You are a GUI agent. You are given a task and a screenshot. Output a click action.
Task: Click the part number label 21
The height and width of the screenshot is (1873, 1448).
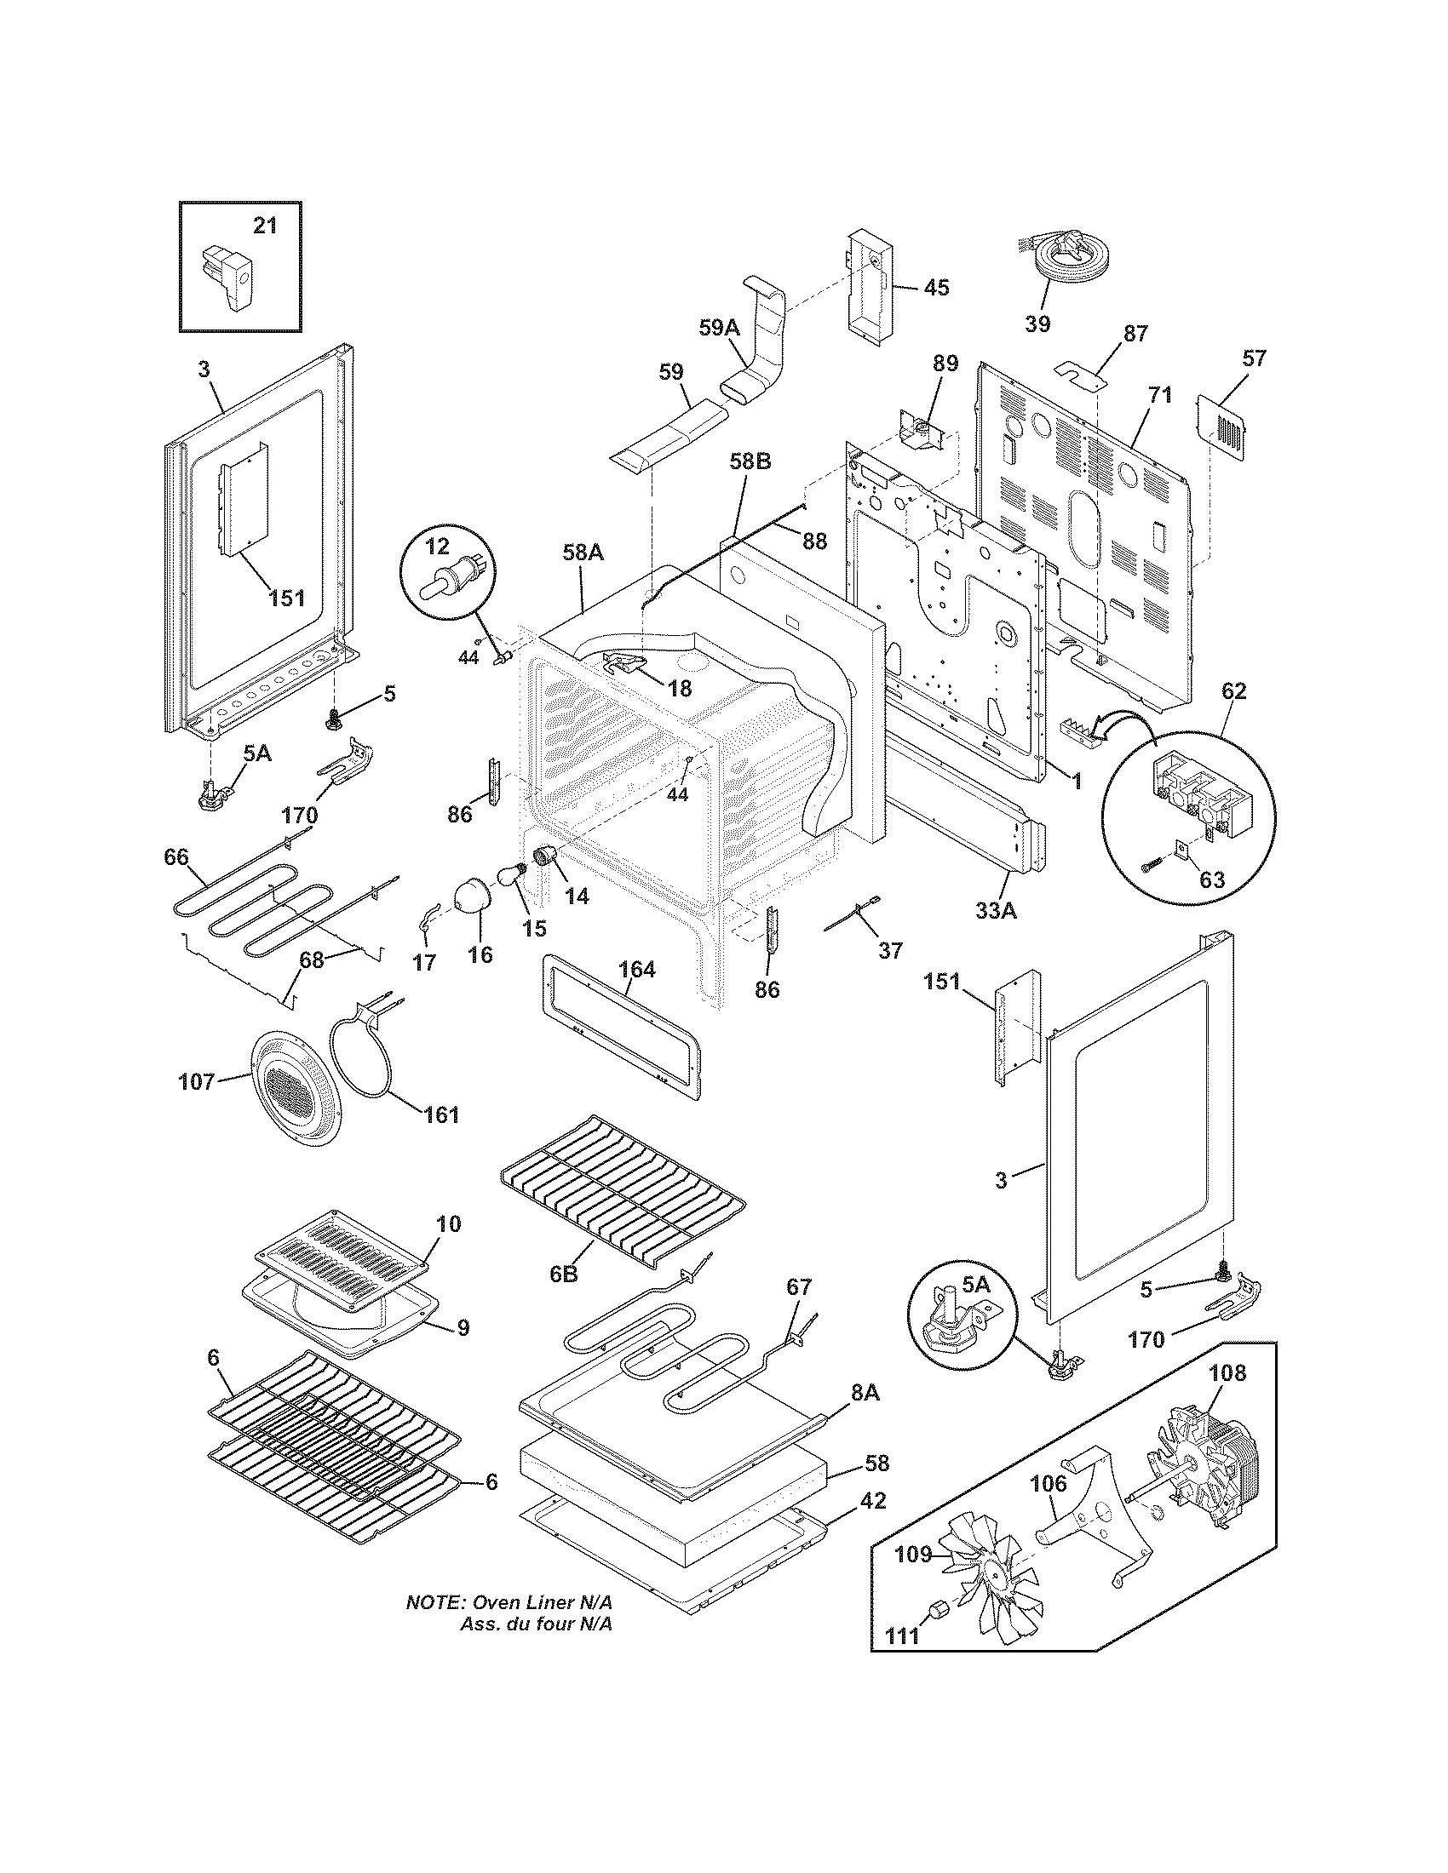265,226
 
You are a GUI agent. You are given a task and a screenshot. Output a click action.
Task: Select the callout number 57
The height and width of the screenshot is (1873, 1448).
1253,358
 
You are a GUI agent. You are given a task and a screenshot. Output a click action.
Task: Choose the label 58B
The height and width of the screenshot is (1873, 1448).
750,461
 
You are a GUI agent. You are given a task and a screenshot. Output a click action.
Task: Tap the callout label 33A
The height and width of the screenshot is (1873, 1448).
995,910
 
